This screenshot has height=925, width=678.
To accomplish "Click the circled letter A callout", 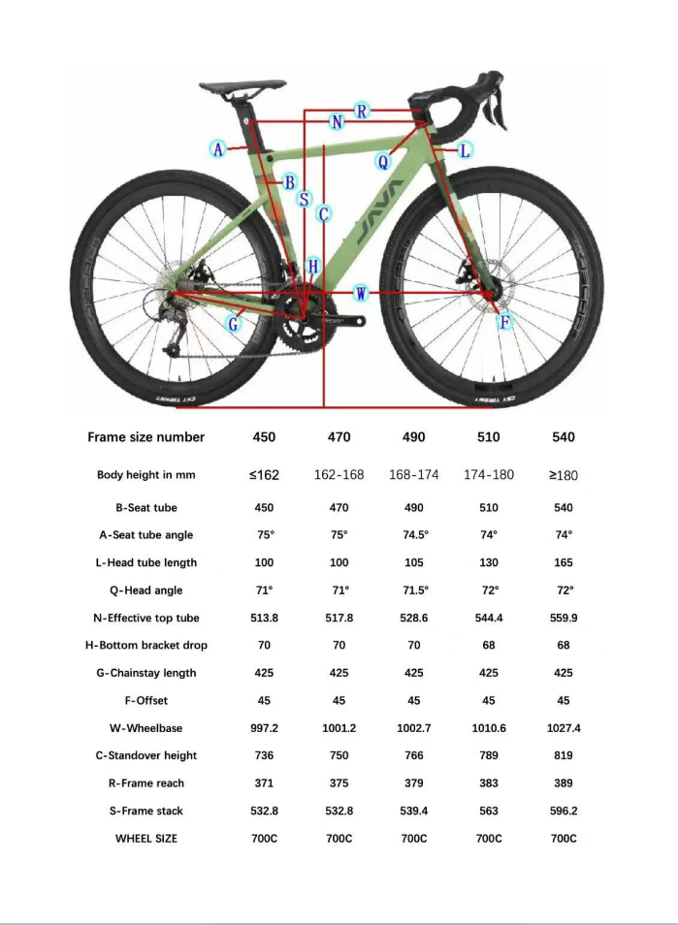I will [x=218, y=148].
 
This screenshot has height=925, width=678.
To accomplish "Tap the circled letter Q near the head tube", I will [x=383, y=162].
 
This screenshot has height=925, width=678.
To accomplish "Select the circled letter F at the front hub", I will [x=504, y=323].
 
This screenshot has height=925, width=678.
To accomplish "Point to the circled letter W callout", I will [x=361, y=293].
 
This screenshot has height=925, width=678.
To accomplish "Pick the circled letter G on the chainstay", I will [x=234, y=324].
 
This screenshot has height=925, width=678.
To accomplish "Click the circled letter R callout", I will [x=362, y=111].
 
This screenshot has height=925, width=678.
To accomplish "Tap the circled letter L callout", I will [x=465, y=150].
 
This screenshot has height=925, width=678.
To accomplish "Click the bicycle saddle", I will [x=242, y=87].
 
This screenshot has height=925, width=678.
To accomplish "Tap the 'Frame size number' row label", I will [x=146, y=437].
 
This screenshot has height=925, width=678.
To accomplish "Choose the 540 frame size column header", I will [x=564, y=437].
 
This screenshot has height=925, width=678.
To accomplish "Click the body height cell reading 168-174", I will [x=414, y=474].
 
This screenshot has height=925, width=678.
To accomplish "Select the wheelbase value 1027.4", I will [x=564, y=728].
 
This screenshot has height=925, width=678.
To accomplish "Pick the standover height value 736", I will [x=264, y=755].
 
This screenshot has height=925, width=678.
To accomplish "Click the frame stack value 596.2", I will [x=564, y=811].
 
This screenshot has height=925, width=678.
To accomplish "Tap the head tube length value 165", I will [x=564, y=562].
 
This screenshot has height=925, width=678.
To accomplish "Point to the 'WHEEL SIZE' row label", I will [x=146, y=838].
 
